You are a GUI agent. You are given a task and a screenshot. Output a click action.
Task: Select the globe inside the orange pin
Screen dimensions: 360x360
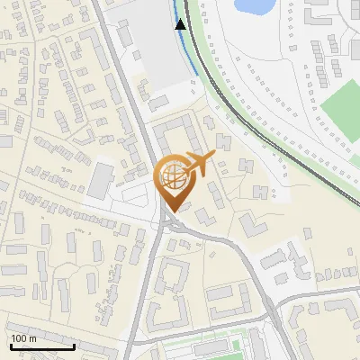[x=174, y=175]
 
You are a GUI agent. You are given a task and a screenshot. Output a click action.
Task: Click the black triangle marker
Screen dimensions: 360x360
[x=181, y=24]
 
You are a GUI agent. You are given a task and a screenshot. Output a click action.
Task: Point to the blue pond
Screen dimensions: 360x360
[x=255, y=5]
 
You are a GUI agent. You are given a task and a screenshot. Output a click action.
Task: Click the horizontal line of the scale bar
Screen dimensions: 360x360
[x=41, y=346]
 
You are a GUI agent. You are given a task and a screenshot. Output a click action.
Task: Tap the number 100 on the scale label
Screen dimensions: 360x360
[x=19, y=338]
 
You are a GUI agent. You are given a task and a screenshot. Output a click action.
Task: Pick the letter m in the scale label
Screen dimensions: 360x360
[x=32, y=338]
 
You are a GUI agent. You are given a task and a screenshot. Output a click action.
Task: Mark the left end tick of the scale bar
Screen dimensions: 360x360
[x=10, y=344]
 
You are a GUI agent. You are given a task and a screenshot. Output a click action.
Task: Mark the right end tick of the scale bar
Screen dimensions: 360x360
[x=74, y=344]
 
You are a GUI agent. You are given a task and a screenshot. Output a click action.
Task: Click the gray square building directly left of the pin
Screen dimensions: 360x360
[x=100, y=180]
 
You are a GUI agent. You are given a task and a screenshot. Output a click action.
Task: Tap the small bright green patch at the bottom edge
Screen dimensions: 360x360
[x=236, y=343]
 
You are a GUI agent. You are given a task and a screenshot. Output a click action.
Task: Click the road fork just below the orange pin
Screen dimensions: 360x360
[x=169, y=223]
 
